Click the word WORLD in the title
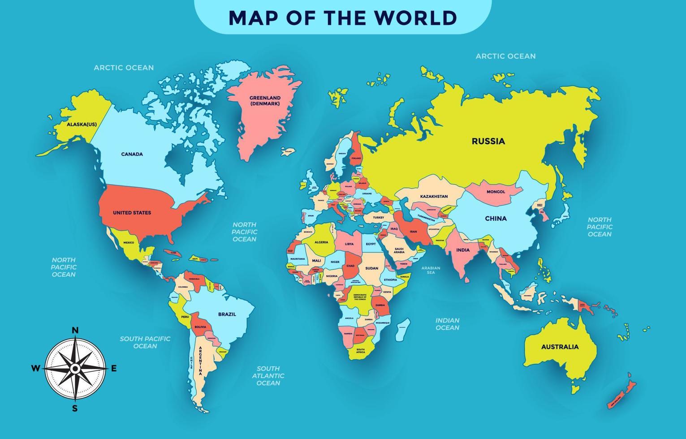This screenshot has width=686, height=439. tap(415, 18)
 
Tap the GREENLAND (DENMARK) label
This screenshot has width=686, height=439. tap(265, 101)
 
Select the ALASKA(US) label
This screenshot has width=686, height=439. tap(82, 125)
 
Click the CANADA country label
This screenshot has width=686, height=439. tap(132, 154)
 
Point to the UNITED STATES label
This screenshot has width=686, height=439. tap(132, 213)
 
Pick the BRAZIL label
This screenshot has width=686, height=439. tap(227, 314)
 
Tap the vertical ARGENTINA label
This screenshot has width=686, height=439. tap(200, 361)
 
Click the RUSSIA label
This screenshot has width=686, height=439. tap(488, 141)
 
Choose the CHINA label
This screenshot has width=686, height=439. tap(496, 219)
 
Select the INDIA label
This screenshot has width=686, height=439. tap(463, 250)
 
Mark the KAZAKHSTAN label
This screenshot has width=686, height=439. tap(434, 196)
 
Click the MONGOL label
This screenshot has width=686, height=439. tap(496, 192)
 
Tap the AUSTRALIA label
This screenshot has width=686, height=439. tap(560, 347)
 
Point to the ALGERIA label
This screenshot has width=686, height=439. tap(321, 242)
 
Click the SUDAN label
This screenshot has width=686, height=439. tap(371, 268)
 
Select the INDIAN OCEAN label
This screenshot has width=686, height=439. tap(447, 324)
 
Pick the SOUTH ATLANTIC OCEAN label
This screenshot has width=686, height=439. tap(268, 376)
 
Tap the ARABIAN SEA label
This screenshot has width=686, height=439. tap(431, 270)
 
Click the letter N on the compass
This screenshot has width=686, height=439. tap(75, 331)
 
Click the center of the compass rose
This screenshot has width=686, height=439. tap(75, 369)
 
